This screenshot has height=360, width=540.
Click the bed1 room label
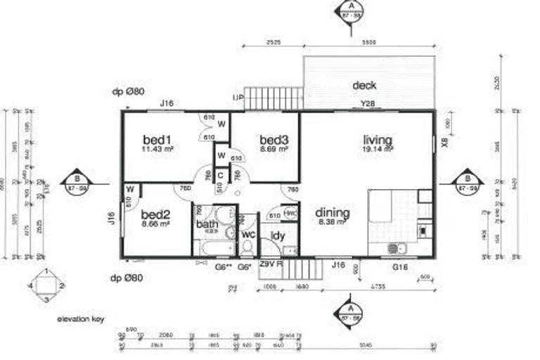coord(158,139)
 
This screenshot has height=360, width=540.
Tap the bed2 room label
coord(155,214)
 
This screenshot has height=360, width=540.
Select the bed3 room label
coord(274,139)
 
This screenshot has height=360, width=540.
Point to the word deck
coord(364,85)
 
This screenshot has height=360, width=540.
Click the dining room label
coord(332,212)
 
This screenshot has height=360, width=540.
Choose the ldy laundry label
coord(278,236)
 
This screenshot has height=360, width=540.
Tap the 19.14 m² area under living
coord(378,149)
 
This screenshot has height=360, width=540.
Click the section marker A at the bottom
coord(349,313)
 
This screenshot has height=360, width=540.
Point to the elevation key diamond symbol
coord(46,285)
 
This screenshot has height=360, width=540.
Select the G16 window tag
coord(399,267)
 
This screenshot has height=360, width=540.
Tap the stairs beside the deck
coord(274,97)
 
